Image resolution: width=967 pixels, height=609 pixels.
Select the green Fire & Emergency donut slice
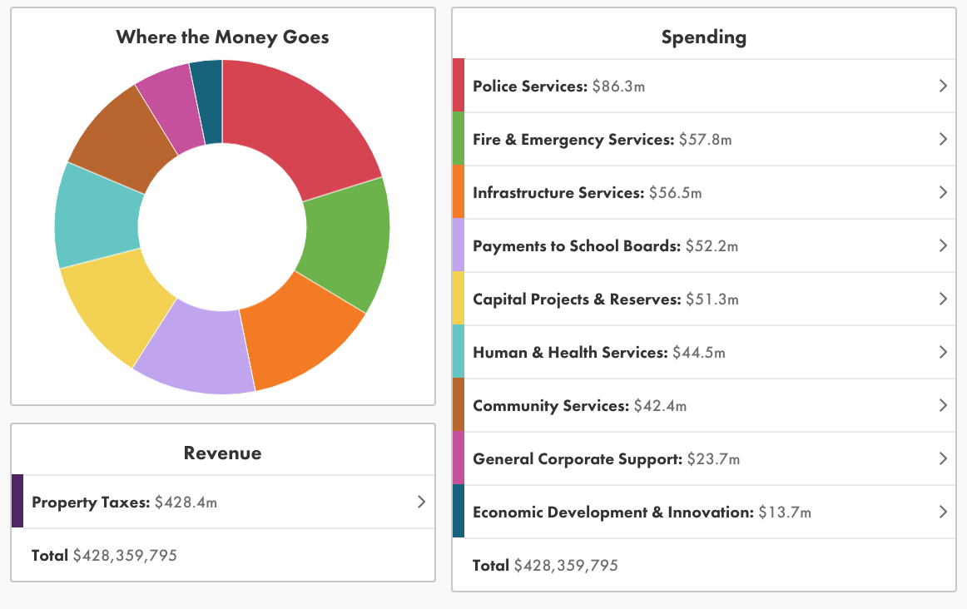point(345,245)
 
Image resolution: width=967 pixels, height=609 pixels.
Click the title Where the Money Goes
point(222,37)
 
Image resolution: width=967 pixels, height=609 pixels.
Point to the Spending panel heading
point(703,37)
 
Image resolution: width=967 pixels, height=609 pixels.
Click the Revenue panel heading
point(222,453)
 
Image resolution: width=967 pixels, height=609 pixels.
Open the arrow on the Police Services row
point(943,86)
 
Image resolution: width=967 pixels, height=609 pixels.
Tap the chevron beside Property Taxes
point(421,502)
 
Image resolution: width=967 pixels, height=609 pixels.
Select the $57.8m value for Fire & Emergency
point(705,140)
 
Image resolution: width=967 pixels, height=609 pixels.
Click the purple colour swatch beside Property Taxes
point(17,502)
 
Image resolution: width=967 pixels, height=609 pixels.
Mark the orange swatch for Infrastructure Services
point(459,192)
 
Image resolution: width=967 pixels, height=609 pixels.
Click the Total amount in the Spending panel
point(566,566)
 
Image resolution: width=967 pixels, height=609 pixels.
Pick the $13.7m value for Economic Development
point(784,512)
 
